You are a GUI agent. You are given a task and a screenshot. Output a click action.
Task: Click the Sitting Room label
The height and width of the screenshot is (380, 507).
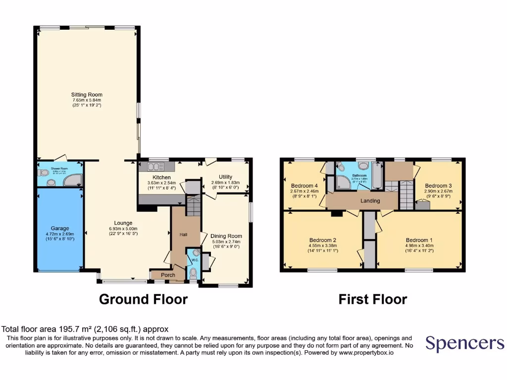(x=87, y=95)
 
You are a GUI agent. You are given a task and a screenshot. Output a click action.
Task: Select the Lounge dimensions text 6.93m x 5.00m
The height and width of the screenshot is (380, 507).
(x=121, y=229)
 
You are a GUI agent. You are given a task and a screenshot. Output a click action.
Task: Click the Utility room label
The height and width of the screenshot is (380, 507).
(x=225, y=176)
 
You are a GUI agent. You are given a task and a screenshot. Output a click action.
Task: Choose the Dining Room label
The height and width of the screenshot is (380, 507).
(x=226, y=236)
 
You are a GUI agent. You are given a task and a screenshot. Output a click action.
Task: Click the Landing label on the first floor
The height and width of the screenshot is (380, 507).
(x=370, y=201)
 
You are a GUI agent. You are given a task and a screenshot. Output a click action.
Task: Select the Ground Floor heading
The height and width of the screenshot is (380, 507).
(x=144, y=299)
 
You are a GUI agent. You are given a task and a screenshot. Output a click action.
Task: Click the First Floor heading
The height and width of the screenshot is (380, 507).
(x=373, y=299)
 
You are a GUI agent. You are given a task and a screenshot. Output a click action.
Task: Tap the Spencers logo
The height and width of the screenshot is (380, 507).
(x=465, y=343)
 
